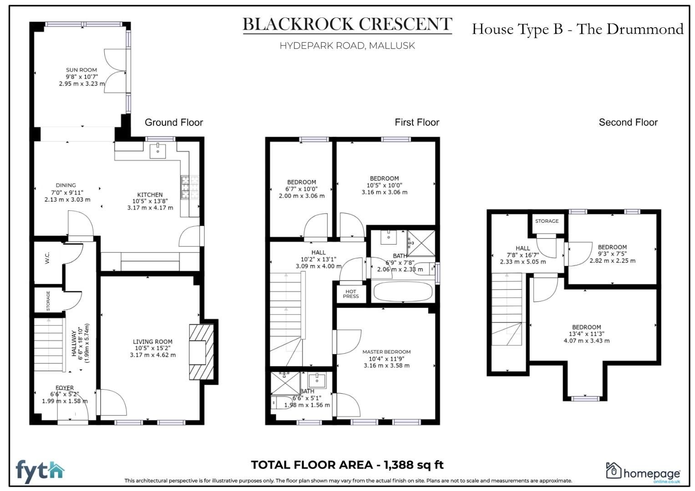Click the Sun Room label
click(81, 70)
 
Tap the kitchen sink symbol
click(157, 150)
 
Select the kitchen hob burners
click(185, 187)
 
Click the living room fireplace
click(201, 351)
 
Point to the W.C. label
click(47, 258)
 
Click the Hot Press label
click(350, 294)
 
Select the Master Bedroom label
click(386, 352)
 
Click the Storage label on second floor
click(547, 221)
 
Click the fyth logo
click(40, 471)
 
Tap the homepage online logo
click(643, 472)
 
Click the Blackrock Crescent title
click(347, 25)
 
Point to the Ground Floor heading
click(173, 122)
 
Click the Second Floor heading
click(628, 122)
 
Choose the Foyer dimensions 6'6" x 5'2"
click(65, 395)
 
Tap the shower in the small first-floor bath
click(284, 383)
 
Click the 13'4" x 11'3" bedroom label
click(586, 334)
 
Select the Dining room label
click(66, 185)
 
